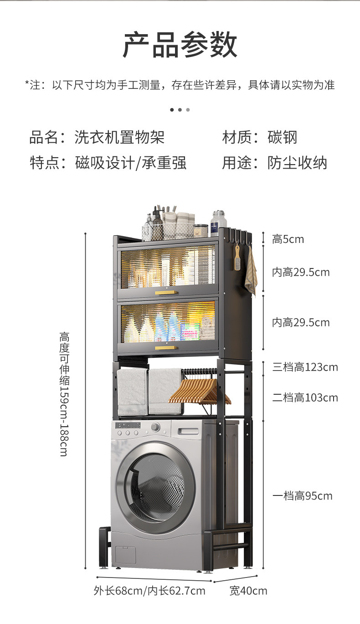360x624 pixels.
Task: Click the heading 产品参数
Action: tap(180, 45)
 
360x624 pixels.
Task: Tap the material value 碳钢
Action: tap(283, 137)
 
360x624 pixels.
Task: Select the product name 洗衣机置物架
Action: tap(119, 137)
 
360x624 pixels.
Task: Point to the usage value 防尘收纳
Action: tap(297, 163)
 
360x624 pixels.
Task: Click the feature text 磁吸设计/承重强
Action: tap(131, 163)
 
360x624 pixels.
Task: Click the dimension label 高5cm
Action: tap(288, 239)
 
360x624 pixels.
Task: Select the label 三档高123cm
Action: tap(305, 367)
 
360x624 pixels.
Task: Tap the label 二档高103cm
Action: tap(305, 398)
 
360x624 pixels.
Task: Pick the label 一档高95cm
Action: tap(302, 496)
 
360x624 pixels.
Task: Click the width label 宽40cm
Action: tap(248, 591)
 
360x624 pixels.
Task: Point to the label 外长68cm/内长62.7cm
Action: tap(149, 591)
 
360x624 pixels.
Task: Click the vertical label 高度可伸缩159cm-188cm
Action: tap(64, 394)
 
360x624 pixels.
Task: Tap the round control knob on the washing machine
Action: tap(156, 427)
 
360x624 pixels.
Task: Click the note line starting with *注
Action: tap(180, 85)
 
